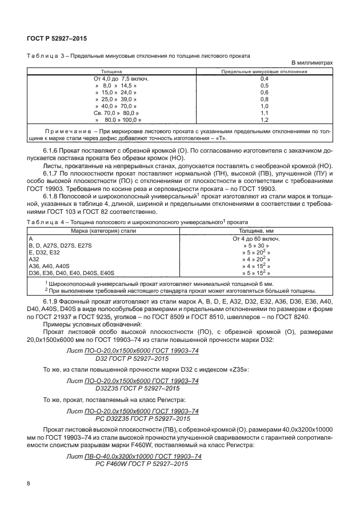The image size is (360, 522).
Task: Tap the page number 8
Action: coord(29,483)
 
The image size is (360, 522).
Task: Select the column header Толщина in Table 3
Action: coord(111,72)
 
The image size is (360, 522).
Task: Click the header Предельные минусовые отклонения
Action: coord(264,72)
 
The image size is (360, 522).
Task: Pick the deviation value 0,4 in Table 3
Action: coord(264,78)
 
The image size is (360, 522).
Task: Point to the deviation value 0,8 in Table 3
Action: coord(264,99)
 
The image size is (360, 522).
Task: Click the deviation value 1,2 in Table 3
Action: coord(264,120)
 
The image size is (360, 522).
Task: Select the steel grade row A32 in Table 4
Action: coord(33,258)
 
